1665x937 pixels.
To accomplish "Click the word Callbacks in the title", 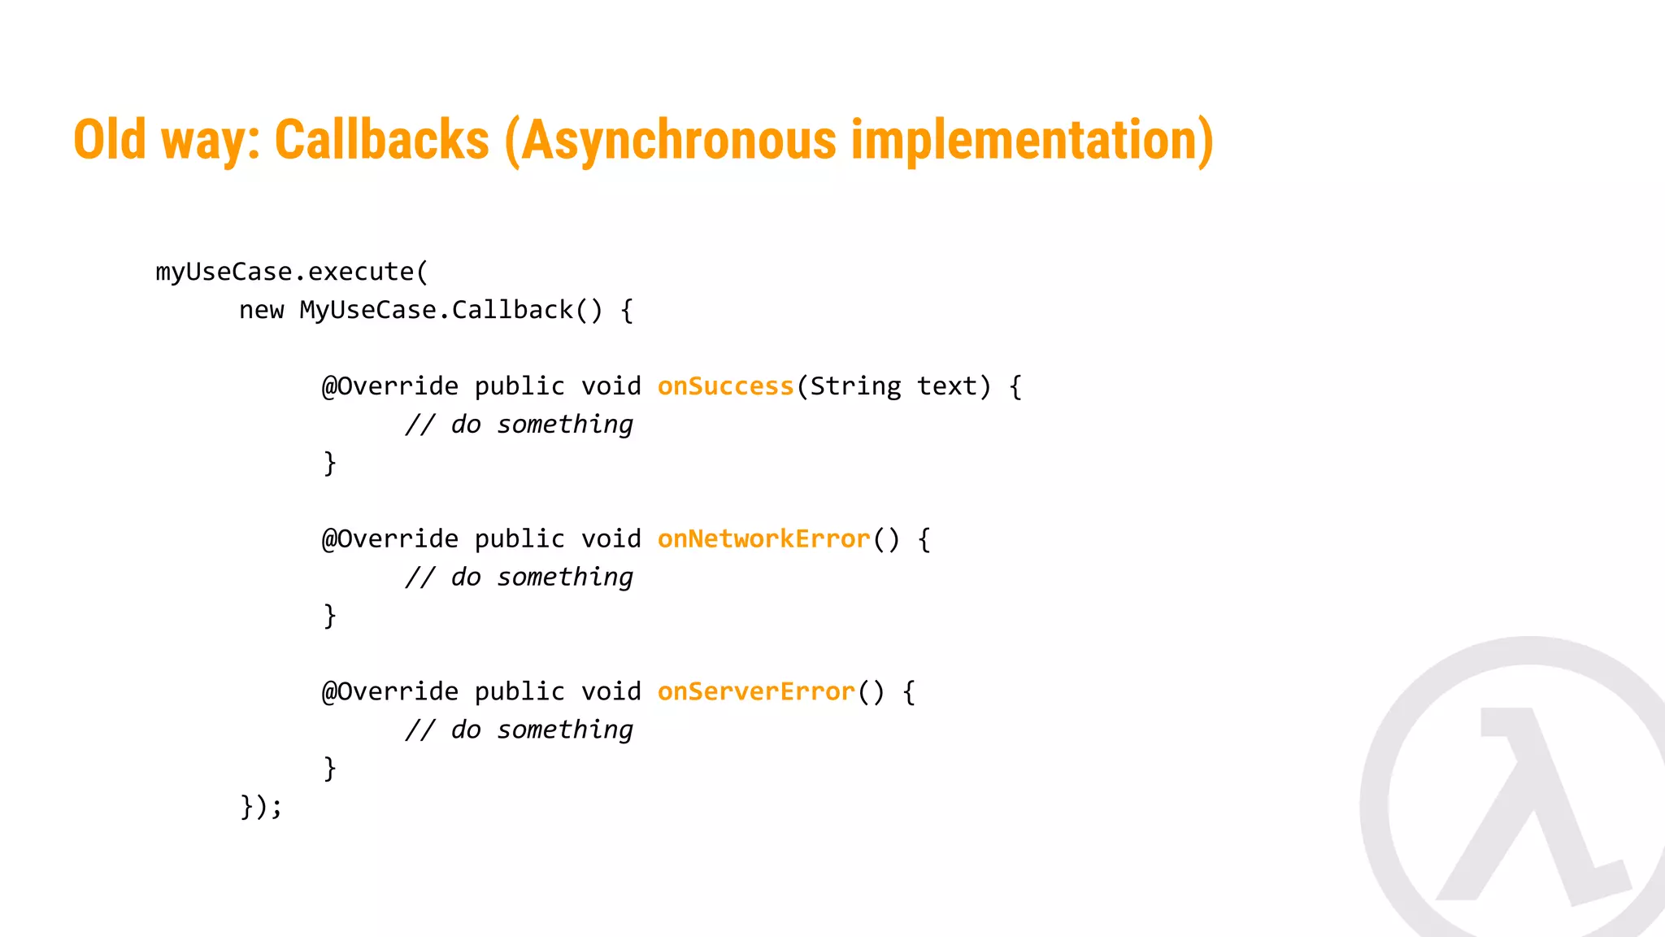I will tap(382, 140).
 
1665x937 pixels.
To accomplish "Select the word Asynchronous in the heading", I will tap(678, 140).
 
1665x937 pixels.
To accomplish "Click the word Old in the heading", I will tap(110, 140).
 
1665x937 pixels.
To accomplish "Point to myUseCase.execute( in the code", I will tap(291, 272).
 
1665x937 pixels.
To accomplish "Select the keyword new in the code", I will tap(261, 310).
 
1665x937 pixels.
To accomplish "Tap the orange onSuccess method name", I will tap(725, 386).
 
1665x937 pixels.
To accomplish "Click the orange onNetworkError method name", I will tap(763, 539).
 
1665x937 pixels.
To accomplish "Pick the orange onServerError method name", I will tap(756, 692).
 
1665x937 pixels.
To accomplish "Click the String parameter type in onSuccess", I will tap(855, 386).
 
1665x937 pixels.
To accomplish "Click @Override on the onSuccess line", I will tap(390, 386).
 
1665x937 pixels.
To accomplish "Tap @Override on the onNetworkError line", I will tap(390, 539).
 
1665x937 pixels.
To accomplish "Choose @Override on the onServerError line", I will tap(390, 692).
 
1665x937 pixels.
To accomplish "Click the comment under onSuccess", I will tap(519, 425).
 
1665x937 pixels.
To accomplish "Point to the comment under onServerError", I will tap(519, 730).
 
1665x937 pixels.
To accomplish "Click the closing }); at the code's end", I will tap(261, 807).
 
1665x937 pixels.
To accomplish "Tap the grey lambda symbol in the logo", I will tap(1528, 805).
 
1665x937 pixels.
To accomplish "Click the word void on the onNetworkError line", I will tap(611, 539).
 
